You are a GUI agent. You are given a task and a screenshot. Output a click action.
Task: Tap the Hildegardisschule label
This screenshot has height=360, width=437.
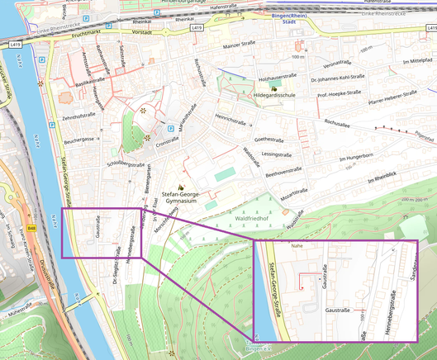coord(274,96)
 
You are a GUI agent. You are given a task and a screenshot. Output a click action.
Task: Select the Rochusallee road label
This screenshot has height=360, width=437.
coord(342,124)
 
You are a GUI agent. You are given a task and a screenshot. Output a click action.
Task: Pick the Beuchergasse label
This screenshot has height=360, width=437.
coord(81,141)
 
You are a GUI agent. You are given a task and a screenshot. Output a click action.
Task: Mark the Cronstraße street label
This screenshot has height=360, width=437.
coord(168,141)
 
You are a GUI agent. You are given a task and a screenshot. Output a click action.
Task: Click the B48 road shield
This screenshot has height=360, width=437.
coord(31,228)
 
